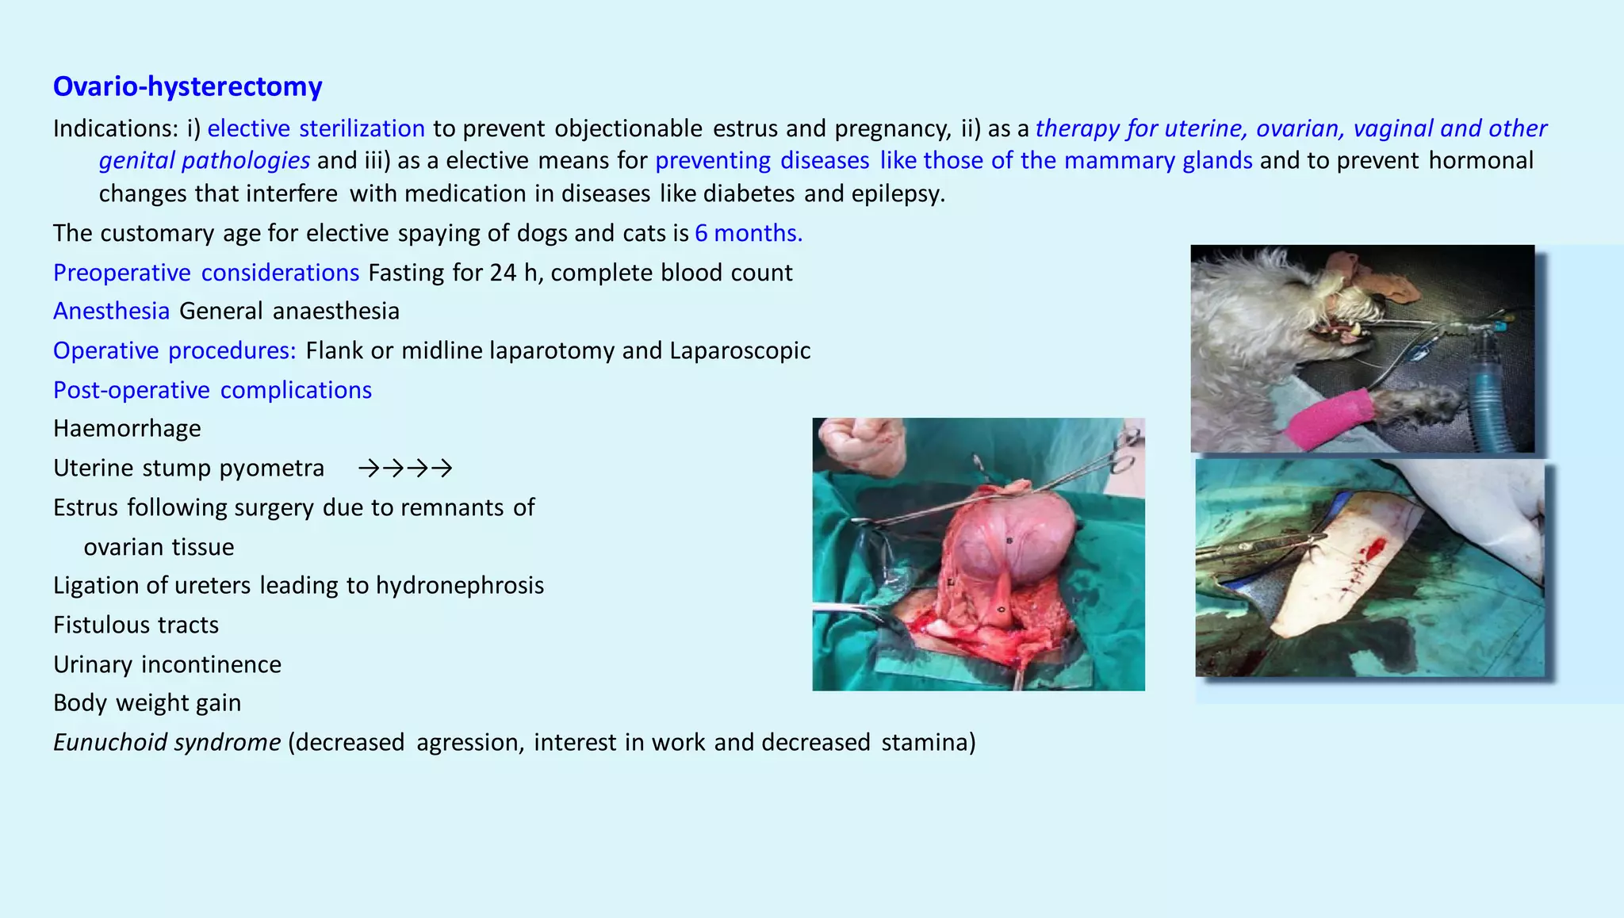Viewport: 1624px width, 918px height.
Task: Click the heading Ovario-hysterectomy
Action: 187,86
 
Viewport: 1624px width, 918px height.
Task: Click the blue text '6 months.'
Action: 748,233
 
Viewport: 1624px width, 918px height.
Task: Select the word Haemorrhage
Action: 127,429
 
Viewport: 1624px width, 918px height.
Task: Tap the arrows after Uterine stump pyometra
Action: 405,469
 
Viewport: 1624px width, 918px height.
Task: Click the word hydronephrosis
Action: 459,586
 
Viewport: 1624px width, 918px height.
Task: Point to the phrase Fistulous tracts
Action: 136,625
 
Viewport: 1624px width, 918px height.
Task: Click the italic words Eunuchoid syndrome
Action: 167,743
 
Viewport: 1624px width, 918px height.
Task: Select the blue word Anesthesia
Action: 111,312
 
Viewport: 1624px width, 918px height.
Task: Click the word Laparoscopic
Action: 739,351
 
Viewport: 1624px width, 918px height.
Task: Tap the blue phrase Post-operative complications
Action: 212,390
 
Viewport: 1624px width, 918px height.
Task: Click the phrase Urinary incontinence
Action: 167,665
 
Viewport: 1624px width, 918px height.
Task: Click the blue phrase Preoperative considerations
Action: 206,273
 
